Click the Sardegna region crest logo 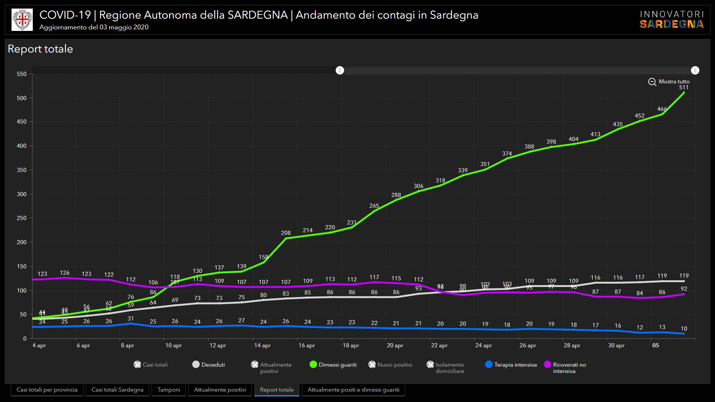[x=22, y=20]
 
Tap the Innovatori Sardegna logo [x=671, y=20]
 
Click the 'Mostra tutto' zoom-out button [x=669, y=82]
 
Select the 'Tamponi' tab [x=168, y=390]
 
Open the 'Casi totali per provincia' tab [x=47, y=390]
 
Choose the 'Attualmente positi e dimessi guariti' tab [x=353, y=390]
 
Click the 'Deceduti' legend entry [x=209, y=365]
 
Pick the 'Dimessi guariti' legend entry [x=333, y=365]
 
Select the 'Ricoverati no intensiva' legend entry [x=565, y=367]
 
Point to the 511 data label [x=684, y=87]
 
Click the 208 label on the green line [x=286, y=233]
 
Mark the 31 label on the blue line [x=131, y=319]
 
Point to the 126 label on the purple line [x=64, y=273]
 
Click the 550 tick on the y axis [x=22, y=74]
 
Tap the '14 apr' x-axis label [x=262, y=345]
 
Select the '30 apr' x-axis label [x=616, y=345]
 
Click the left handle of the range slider [x=340, y=70]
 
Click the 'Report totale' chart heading [x=40, y=49]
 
